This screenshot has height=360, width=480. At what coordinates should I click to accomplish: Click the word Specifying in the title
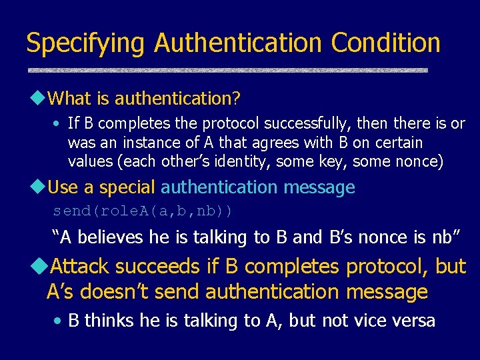(x=85, y=43)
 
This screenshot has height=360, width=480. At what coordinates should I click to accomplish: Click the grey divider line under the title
(x=227, y=70)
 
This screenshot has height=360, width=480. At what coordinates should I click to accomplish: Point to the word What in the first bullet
(x=71, y=99)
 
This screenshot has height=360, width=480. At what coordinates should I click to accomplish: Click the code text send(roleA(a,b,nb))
(x=143, y=211)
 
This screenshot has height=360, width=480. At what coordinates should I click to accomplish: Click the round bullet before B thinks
(x=58, y=321)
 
